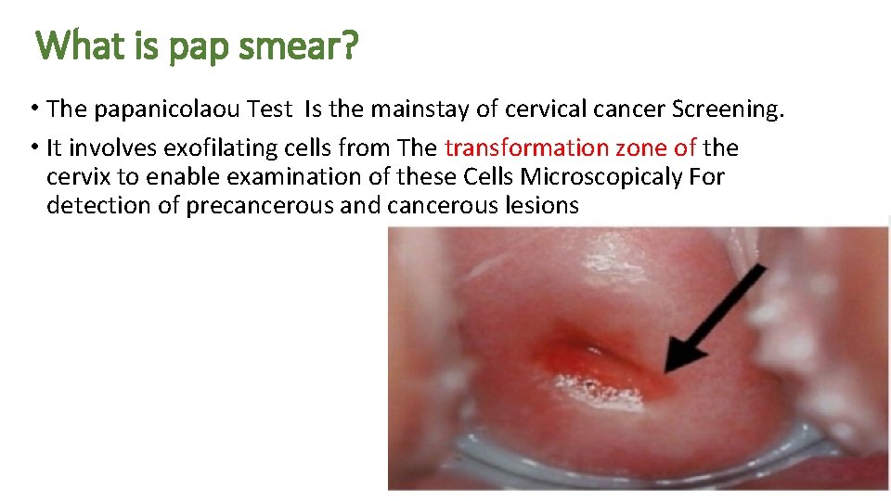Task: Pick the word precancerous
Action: tap(261, 205)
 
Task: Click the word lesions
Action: tap(539, 205)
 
